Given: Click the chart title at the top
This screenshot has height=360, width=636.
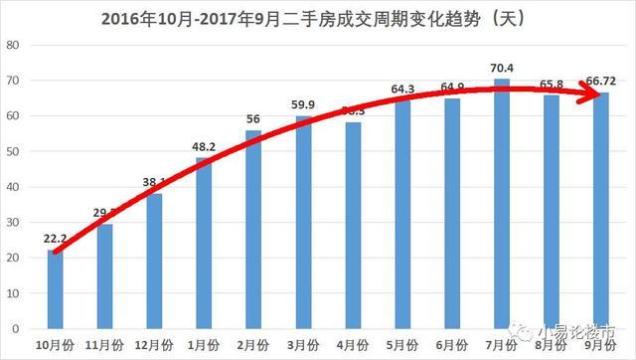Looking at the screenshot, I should pyautogui.click(x=318, y=17).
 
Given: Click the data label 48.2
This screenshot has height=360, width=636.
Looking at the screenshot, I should pyautogui.click(x=204, y=147).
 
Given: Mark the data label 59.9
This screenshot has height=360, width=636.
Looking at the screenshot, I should pyautogui.click(x=304, y=105).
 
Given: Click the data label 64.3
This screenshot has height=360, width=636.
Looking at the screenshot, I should pyautogui.click(x=402, y=90).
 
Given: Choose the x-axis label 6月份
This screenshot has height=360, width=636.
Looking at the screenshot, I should pyautogui.click(x=452, y=344).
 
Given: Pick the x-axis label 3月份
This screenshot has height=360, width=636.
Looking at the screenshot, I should pyautogui.click(x=303, y=344).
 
